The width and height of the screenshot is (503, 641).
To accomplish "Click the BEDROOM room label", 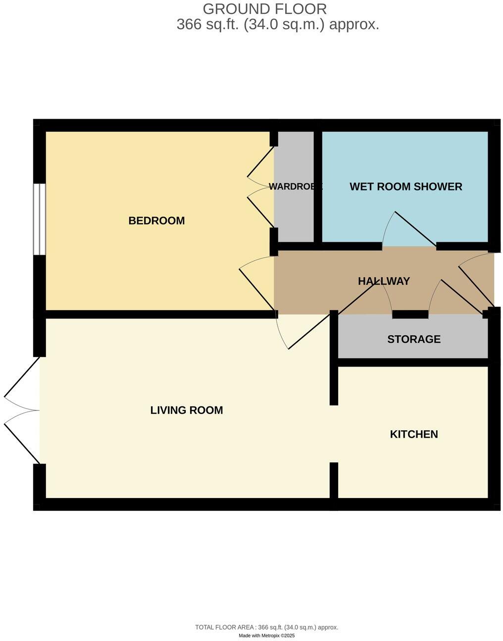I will (156, 221).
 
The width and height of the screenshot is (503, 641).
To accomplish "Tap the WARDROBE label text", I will (295, 186).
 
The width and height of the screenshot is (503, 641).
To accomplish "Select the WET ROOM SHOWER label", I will (405, 186).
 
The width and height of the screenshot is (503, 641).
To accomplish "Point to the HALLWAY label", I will (384, 281).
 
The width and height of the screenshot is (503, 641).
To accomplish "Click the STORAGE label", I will (413, 339).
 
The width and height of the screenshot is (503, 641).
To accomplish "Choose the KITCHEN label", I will (414, 434).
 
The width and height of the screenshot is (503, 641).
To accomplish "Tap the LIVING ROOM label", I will (187, 410).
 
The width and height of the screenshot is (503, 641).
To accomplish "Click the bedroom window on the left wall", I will (40, 219).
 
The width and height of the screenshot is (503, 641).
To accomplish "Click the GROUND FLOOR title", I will (265, 9).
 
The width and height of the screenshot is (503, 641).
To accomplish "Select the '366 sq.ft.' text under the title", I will (208, 25).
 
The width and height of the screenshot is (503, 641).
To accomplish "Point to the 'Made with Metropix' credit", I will (266, 636).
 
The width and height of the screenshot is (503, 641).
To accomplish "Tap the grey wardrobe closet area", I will (294, 218).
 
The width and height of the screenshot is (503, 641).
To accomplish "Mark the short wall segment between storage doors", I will (410, 314).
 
